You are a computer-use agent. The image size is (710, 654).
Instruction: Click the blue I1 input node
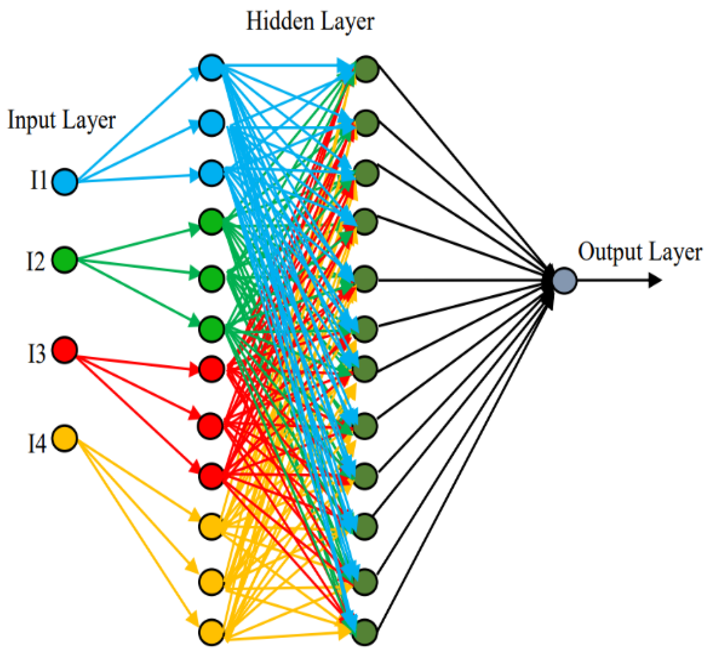click(65, 182)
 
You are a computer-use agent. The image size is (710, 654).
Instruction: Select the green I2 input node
click(65, 260)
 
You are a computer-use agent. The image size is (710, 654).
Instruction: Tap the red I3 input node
click(65, 350)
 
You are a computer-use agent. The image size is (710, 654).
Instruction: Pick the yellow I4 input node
click(65, 439)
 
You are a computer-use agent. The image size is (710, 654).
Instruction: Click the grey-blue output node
click(564, 281)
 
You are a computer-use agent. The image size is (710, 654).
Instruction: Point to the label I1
click(38, 180)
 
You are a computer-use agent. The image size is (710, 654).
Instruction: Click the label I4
click(37, 443)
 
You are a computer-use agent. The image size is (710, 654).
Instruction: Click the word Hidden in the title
click(279, 22)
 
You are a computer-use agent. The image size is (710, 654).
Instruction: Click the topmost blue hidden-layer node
click(211, 68)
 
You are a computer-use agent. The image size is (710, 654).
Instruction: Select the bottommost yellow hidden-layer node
click(211, 632)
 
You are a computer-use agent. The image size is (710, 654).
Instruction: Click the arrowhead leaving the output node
click(655, 281)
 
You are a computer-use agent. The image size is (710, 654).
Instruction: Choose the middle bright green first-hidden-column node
click(211, 279)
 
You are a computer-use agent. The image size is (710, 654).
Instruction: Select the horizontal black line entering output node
click(460, 280)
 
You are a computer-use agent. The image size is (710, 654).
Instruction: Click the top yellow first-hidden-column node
click(211, 527)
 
